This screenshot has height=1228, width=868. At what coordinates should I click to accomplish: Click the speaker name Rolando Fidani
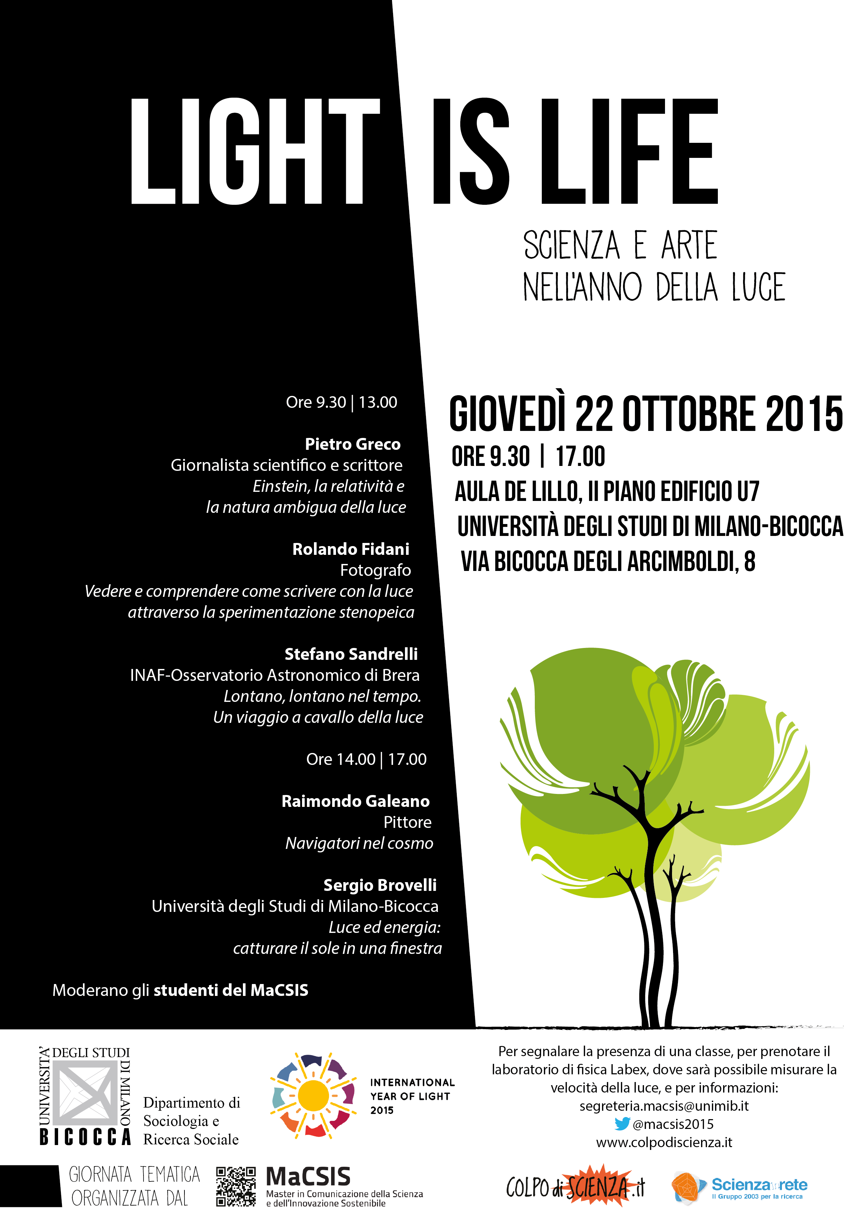[351, 549]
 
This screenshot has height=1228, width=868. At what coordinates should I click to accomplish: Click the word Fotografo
[376, 570]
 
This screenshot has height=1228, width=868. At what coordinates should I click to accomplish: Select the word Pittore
[407, 822]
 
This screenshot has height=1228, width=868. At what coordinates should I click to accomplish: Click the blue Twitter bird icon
[622, 1124]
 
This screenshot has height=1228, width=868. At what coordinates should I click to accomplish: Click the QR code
[236, 1186]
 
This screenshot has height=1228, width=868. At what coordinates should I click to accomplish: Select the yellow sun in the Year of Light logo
[313, 1096]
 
